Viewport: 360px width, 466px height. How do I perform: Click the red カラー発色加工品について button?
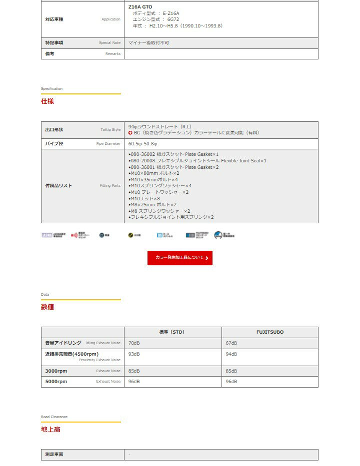click(180, 258)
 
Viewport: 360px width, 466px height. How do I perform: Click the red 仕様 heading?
click(47, 101)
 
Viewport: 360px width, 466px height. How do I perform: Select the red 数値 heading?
click(47, 307)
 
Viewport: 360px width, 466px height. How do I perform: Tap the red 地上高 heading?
click(50, 429)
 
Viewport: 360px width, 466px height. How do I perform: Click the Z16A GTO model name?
click(140, 6)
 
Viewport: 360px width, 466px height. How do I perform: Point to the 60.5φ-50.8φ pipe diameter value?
click(142, 144)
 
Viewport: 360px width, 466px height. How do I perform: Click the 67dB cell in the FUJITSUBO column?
click(231, 343)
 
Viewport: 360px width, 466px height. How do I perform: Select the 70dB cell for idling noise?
click(134, 343)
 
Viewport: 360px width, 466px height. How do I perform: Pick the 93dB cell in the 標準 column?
click(134, 354)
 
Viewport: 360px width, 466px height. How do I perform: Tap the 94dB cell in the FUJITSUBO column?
click(231, 354)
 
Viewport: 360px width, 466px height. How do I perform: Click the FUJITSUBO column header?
click(269, 332)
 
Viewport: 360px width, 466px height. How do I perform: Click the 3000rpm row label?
click(56, 371)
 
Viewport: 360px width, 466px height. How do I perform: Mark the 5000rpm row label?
click(56, 382)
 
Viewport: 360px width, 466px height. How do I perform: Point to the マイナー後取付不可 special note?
click(148, 43)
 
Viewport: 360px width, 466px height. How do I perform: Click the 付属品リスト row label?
click(58, 186)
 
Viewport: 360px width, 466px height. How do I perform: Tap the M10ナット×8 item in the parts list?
click(144, 198)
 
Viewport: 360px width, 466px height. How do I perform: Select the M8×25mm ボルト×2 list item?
click(152, 205)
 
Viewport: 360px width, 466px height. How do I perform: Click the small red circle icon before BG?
click(130, 133)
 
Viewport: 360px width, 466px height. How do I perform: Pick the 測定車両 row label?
click(54, 455)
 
